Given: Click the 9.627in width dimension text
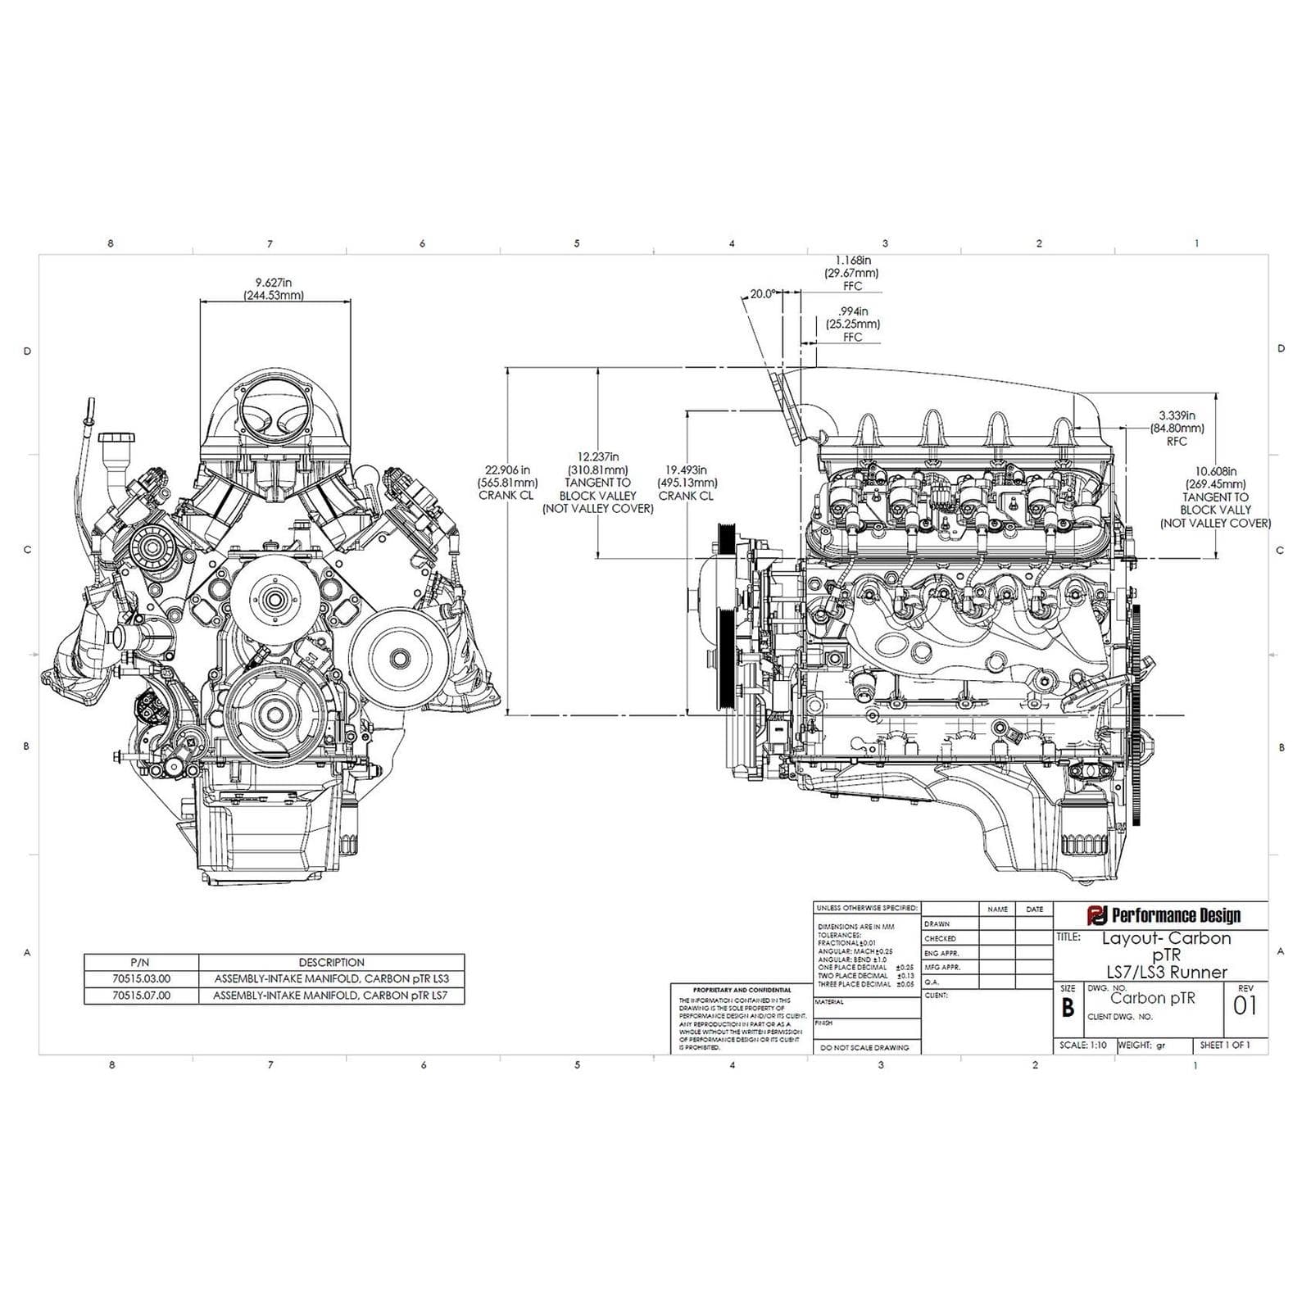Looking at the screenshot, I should (274, 288).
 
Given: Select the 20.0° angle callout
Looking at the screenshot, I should (762, 293).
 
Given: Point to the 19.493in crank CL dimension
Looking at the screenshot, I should (687, 483).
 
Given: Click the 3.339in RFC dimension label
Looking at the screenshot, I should (1177, 428).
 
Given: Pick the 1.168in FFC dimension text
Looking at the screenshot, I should (852, 273).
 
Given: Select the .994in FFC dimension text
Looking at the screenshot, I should (852, 324).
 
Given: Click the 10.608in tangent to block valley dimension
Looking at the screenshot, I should (1215, 497).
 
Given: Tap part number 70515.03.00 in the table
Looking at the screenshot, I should (141, 979).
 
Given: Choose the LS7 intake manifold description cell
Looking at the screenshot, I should (331, 996).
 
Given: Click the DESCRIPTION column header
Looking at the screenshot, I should (331, 963).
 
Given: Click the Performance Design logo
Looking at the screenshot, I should (1164, 915).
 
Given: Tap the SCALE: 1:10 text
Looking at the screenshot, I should (1082, 1046).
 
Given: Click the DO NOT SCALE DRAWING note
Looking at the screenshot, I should (864, 1048).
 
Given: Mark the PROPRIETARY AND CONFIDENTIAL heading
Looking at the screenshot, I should (742, 990).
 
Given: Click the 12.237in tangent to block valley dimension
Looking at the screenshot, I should (598, 483).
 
